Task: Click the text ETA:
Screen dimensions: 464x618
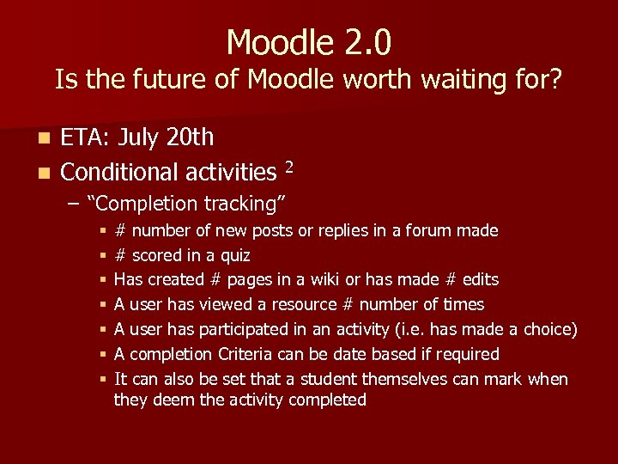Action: click(86, 137)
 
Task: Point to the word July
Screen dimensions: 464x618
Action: click(142, 137)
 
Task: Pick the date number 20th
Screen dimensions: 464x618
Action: click(193, 137)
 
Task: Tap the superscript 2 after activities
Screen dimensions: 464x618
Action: click(289, 167)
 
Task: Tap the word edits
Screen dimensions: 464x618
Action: click(481, 280)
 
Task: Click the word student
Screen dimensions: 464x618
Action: click(327, 379)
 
